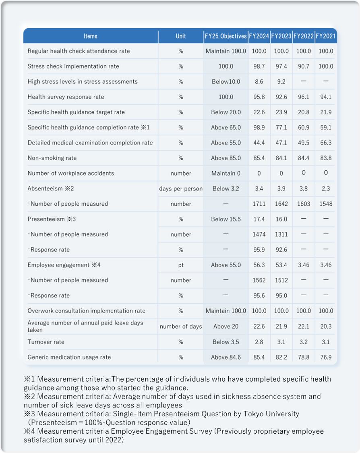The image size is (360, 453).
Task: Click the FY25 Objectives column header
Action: [226, 36]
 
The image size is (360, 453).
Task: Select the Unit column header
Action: [181, 36]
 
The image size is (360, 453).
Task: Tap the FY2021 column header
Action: [326, 36]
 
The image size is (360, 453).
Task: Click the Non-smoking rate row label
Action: [52, 158]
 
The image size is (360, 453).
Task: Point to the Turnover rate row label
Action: [46, 342]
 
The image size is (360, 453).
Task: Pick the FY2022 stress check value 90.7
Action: [304, 66]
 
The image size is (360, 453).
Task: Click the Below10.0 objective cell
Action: [226, 81]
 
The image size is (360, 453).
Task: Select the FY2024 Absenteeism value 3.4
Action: [259, 188]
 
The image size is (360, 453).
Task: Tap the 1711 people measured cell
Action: [259, 204]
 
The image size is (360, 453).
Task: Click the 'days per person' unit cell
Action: [181, 188]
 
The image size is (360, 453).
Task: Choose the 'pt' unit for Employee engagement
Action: [181, 265]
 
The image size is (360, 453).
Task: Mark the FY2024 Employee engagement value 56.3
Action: [259, 265]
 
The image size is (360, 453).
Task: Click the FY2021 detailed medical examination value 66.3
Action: [326, 143]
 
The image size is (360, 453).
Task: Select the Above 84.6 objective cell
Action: [226, 357]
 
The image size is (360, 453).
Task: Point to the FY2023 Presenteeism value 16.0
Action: [281, 219]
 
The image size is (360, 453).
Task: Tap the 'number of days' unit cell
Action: [181, 327]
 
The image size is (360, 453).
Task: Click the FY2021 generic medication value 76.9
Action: [326, 357]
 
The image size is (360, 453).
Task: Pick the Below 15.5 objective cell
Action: [226, 219]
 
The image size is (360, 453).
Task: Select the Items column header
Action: [91, 36]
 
